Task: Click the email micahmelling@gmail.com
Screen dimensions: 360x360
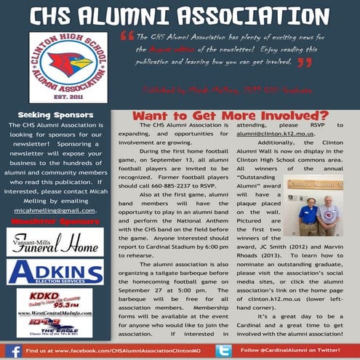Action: coord(54,209)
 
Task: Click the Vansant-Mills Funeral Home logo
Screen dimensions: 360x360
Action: coord(55,241)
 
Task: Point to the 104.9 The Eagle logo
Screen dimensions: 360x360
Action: coord(54,325)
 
